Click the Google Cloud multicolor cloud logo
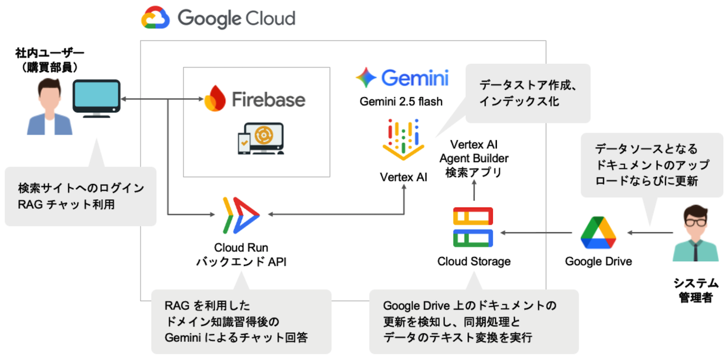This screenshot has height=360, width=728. coord(156,18)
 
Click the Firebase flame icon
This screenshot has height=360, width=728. coord(215,99)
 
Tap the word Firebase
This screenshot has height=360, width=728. coord(268,99)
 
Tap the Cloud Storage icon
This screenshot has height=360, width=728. coord(473,226)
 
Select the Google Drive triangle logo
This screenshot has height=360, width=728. coord(598,233)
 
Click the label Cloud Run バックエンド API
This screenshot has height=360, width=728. coord(241,254)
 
